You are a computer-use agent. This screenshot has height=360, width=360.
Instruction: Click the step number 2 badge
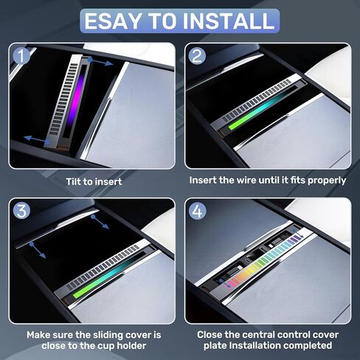coord(197,55)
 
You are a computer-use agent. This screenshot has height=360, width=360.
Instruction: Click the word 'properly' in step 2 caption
coord(325,180)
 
